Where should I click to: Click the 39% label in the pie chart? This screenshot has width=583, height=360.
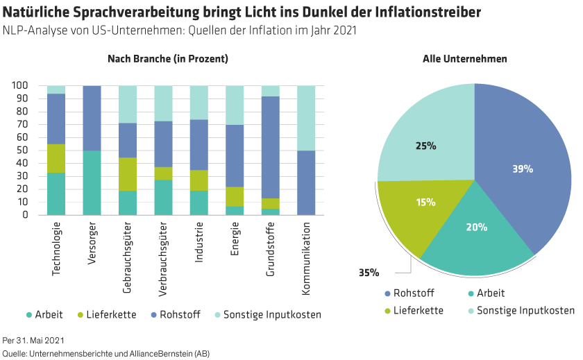tap(523, 169)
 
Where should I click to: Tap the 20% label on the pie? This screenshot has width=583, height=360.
tap(477, 227)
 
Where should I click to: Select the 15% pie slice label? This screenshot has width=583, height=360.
tap(425, 203)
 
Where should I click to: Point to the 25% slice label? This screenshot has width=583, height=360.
tap(426, 146)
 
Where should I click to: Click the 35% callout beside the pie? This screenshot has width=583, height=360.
tap(368, 273)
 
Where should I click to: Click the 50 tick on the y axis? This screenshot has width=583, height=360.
tap(22, 151)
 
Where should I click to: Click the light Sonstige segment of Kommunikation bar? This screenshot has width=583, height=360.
tap(307, 118)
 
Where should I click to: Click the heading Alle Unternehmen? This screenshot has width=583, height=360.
tap(464, 59)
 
